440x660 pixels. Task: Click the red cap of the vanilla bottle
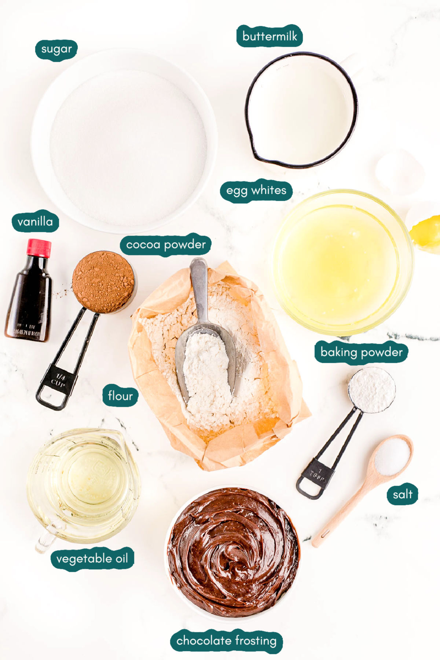coord(38,248)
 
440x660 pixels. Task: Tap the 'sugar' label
coord(56,49)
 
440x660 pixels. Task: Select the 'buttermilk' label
coord(269,36)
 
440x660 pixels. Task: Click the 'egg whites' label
coord(256,191)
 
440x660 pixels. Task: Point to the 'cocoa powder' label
coord(166,245)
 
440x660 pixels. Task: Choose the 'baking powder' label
coord(361,352)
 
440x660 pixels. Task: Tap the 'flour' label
coord(120,396)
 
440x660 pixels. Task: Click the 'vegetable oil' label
coord(92,559)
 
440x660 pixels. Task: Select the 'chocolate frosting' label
coord(226,641)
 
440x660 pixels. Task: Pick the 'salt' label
coord(403,495)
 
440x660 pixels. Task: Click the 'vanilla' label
coord(35,222)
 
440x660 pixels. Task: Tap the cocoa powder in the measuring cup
coord(103,281)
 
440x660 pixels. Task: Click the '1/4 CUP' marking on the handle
coord(59,380)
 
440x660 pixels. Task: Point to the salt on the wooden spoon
coord(391,456)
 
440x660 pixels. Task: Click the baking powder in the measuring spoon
coord(371,389)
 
